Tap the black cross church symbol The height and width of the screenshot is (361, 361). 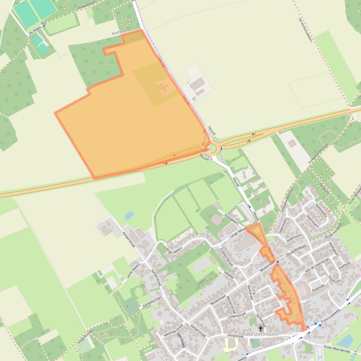coord(261,329)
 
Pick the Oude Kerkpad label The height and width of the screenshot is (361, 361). coord(297,253)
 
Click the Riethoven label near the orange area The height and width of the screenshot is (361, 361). coord(120,32)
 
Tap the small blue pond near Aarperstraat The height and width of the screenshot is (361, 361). coord(129,215)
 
